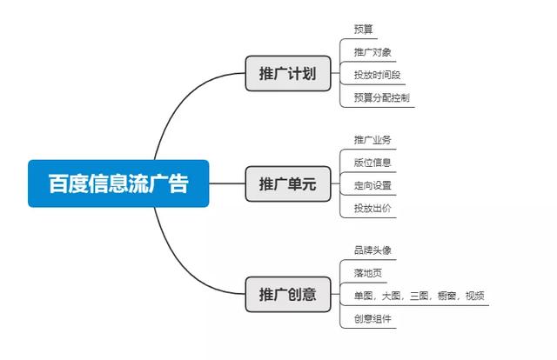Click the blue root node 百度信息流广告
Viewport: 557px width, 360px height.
point(118,183)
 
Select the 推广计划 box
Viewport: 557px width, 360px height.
point(288,73)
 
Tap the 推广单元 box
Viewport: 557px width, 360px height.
point(288,183)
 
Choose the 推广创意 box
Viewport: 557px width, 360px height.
point(288,294)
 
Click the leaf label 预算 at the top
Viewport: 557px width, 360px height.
point(364,29)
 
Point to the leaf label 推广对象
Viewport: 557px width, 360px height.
point(372,52)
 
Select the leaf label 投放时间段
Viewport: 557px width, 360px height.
point(377,75)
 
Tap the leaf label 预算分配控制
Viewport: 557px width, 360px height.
point(382,97)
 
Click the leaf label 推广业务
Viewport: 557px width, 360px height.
point(372,139)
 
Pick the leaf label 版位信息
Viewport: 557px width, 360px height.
point(372,163)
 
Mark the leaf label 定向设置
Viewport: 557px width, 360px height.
point(372,185)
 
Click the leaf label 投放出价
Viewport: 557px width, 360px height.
point(372,208)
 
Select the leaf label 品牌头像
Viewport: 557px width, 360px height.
point(372,250)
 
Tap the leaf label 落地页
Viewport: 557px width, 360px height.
point(368,273)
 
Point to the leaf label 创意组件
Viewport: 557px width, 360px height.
point(372,318)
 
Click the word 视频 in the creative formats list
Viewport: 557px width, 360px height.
point(475,296)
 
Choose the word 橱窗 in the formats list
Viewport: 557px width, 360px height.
point(446,296)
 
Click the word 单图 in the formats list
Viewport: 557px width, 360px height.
point(364,296)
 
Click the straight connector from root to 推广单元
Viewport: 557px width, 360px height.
point(227,183)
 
